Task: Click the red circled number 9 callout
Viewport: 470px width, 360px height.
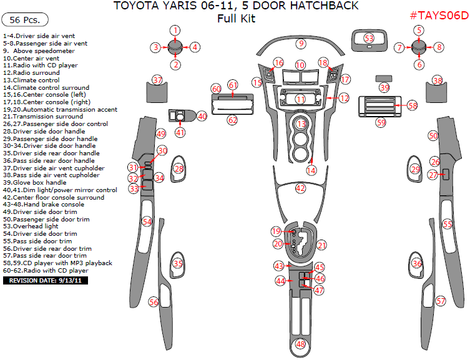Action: coord(301,44)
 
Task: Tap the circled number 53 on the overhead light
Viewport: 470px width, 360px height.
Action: coord(369,39)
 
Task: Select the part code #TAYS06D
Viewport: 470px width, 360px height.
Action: coord(439,16)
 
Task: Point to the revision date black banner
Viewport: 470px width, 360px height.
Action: coord(46,281)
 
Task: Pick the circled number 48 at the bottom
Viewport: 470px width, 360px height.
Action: coord(301,344)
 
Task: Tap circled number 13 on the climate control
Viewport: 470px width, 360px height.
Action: coord(301,125)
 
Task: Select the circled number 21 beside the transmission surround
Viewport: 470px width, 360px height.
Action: coord(321,245)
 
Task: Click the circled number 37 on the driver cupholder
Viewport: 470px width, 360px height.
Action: coord(157,80)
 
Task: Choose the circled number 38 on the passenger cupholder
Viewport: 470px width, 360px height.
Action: coord(438,80)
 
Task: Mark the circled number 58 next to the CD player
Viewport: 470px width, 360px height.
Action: coord(412,105)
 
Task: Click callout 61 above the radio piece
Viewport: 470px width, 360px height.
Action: coord(233,85)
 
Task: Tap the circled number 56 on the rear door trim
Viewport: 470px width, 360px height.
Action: coord(154,302)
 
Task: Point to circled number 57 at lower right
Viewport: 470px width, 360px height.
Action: coord(441,301)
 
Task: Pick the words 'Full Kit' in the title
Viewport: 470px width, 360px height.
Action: coord(236,19)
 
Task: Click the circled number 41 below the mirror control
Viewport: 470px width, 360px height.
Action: coord(180,132)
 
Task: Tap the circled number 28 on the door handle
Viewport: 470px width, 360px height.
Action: coord(179,168)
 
